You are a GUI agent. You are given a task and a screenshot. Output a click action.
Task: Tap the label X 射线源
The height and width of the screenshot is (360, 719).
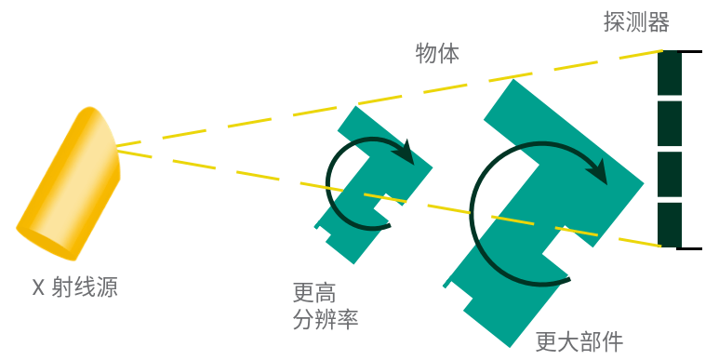click(75, 287)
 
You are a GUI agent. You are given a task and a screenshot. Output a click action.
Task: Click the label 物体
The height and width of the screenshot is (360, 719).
click(437, 53)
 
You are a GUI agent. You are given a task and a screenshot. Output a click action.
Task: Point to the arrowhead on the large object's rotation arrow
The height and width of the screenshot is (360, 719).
click(600, 172)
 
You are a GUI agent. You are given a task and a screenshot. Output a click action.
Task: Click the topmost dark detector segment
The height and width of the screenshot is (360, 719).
click(670, 73)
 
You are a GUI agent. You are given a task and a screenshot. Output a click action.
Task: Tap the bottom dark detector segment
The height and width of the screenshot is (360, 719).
click(670, 224)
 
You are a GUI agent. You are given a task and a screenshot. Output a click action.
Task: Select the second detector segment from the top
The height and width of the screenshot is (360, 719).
click(670, 123)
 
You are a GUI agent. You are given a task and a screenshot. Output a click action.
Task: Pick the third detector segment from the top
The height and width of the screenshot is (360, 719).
click(670, 174)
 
